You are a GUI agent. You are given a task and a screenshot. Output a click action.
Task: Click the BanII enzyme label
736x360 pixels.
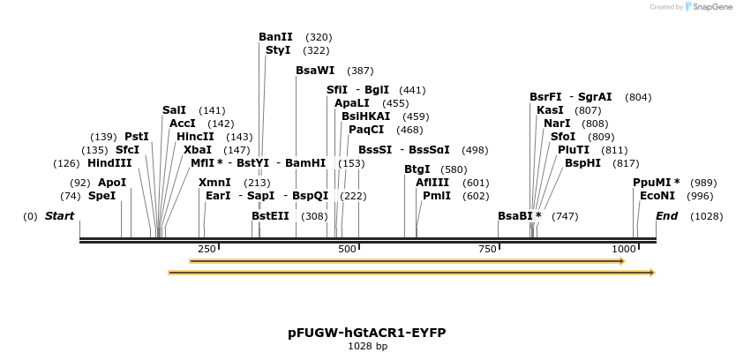click(x=275, y=37)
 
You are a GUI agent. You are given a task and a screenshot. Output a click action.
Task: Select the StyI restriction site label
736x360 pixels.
click(x=278, y=50)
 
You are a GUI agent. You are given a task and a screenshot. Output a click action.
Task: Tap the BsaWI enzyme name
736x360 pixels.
click(x=315, y=71)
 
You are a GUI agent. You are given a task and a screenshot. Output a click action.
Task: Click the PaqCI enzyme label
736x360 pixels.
click(x=366, y=130)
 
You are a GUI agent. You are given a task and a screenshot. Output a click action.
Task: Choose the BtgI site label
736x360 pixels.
click(x=417, y=169)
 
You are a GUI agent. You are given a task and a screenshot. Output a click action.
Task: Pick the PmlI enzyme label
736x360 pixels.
click(x=437, y=196)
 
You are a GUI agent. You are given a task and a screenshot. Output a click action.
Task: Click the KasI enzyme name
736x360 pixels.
click(x=550, y=110)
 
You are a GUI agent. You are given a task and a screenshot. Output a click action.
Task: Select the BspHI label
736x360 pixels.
click(x=583, y=163)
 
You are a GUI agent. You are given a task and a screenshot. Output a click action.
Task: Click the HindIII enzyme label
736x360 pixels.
click(x=109, y=163)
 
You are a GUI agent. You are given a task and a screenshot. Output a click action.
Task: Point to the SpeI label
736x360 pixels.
click(x=102, y=196)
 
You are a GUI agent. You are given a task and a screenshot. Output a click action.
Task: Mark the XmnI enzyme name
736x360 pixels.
click(x=215, y=183)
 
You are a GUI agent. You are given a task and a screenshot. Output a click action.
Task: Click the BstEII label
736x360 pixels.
click(x=270, y=216)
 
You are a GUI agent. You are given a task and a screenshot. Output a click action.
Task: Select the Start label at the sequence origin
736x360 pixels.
click(x=60, y=216)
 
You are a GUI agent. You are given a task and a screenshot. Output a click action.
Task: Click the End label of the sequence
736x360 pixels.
click(x=667, y=216)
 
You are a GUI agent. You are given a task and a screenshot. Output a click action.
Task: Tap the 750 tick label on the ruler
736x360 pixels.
click(x=488, y=250)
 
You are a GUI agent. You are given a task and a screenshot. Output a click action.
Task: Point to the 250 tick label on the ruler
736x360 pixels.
click(x=207, y=250)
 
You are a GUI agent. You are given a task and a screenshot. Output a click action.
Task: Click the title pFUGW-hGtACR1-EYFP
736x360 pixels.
click(x=367, y=333)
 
